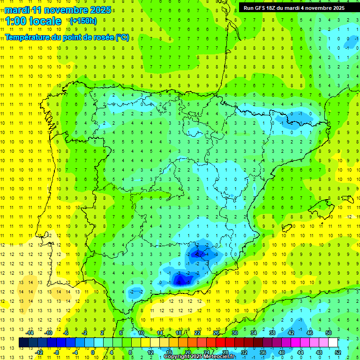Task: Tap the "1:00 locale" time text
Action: pos(33,21)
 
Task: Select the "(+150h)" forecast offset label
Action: pos(83,21)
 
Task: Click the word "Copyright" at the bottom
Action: pos(177,357)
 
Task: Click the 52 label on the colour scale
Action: pos(338,352)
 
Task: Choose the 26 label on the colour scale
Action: pos(216,332)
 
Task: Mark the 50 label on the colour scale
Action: pos(329,332)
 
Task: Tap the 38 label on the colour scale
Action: pos(272,332)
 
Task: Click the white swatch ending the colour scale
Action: pos(333,343)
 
